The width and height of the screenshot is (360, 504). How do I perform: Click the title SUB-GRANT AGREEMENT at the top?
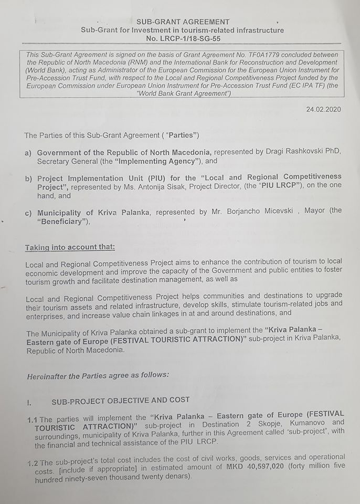pyautogui.click(x=183, y=22)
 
